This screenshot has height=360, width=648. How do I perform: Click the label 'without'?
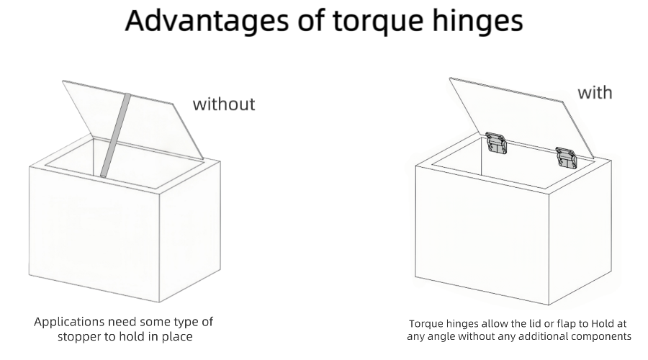(x=224, y=104)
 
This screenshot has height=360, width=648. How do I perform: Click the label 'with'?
(x=595, y=93)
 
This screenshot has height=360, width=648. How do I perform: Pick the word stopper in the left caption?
(x=80, y=336)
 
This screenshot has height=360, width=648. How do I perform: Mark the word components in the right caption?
(x=600, y=336)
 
